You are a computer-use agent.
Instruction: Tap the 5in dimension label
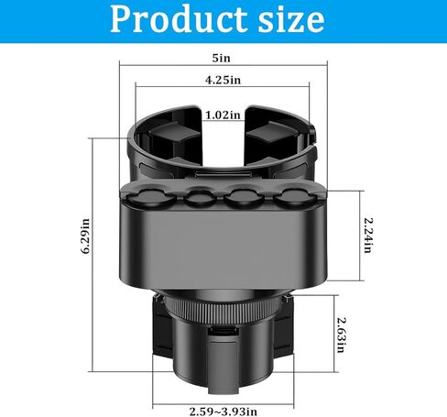[223, 57]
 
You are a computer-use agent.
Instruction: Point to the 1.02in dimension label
[223, 115]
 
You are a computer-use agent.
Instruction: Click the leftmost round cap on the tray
[151, 197]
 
